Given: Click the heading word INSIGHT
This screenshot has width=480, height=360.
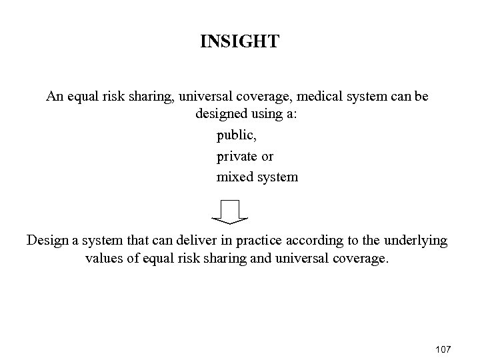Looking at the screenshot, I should [239, 43].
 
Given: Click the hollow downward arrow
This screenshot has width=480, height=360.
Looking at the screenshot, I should [230, 211].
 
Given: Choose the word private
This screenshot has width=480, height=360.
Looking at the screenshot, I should [235, 157].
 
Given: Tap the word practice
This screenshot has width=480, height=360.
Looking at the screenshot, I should [253, 241].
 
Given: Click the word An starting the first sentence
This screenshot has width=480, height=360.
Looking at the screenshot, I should [54, 97].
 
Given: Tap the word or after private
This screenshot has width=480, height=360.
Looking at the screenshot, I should [267, 157].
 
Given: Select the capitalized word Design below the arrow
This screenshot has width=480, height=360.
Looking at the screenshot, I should [47, 241].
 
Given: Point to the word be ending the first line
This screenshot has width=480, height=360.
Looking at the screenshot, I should [421, 97].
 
